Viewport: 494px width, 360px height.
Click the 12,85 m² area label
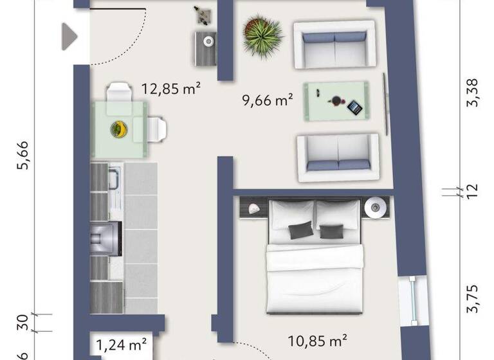pyautogui.click(x=170, y=89)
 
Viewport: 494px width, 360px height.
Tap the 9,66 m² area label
pyautogui.click(x=268, y=100)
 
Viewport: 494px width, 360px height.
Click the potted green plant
pyautogui.click(x=263, y=37)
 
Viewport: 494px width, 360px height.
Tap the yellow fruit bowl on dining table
pyautogui.click(x=118, y=129)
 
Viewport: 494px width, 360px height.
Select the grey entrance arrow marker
pyautogui.click(x=69, y=36)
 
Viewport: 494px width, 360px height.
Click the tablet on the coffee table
pyautogui.click(x=354, y=107)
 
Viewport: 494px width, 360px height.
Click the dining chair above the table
pyautogui.click(x=120, y=92)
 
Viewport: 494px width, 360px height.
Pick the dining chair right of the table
pyautogui.click(x=158, y=129)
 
